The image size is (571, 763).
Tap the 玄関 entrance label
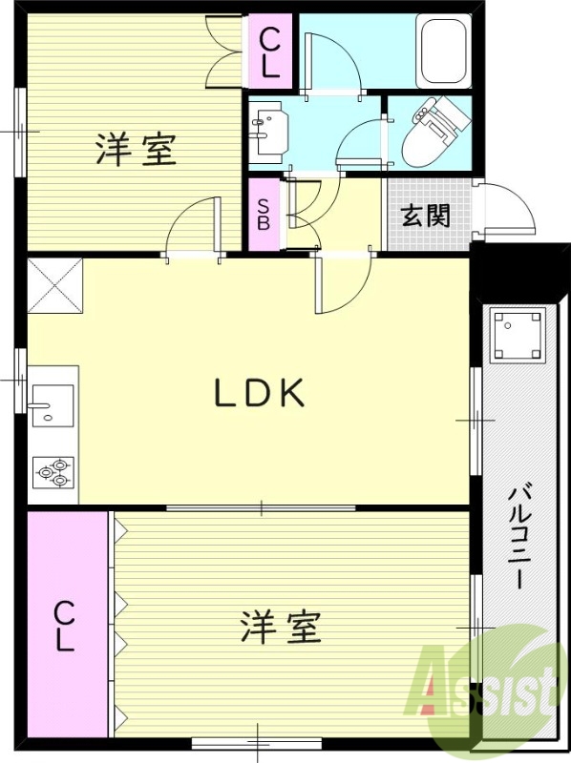[x=425, y=216]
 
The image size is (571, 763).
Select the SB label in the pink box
[x=263, y=216]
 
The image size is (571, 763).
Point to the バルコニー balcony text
[x=520, y=536]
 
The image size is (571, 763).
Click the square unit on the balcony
[x=518, y=336]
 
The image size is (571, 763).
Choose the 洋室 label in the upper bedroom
[x=137, y=150]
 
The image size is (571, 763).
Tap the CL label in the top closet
[x=270, y=52]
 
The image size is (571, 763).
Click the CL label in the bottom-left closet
[x=64, y=625]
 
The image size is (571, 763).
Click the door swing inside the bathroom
[x=328, y=62]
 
